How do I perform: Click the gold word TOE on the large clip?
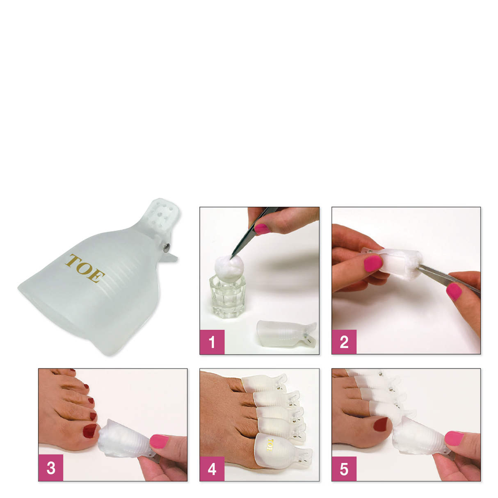point(85,269)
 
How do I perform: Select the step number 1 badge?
point(212,342)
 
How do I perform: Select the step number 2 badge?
point(344,342)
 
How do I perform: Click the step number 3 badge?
point(50,468)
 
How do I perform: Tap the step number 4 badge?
point(212,468)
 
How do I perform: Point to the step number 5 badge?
point(344,468)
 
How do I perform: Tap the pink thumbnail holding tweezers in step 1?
point(262,228)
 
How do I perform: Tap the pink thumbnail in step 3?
point(159,441)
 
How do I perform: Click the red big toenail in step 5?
point(380,425)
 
